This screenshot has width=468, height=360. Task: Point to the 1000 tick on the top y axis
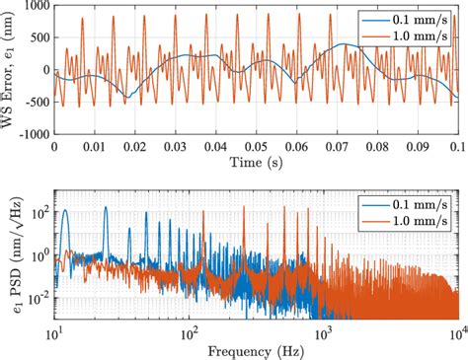point(36,7)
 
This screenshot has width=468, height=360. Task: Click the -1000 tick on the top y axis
point(33,133)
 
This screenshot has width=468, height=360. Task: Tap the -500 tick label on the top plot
point(36,102)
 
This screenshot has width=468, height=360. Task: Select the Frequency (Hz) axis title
point(256,349)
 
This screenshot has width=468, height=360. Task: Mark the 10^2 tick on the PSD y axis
point(36,210)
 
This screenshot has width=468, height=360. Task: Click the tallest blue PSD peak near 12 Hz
point(65,210)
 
